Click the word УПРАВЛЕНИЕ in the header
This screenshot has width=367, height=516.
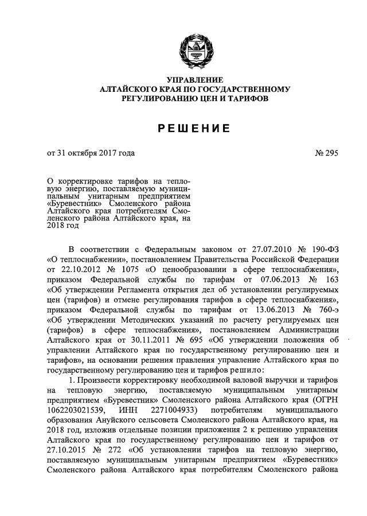[195, 79]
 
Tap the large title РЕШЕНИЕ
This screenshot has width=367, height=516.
[194, 128]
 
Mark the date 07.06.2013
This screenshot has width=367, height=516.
[264, 279]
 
